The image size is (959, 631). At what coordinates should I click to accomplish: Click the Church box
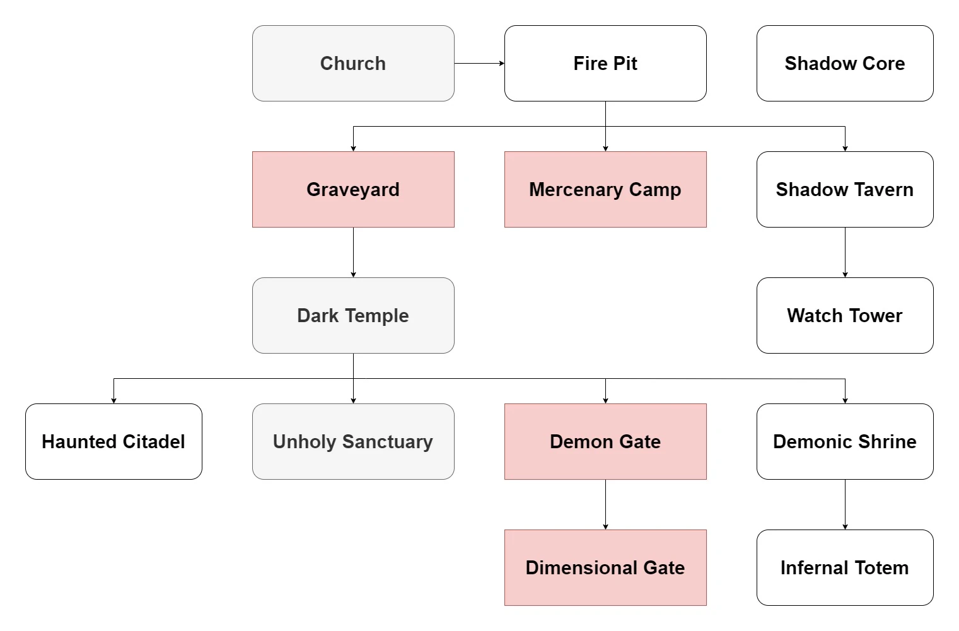(x=353, y=63)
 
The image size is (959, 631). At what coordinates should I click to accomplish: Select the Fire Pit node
(x=605, y=63)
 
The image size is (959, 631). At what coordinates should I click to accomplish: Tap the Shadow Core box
(x=845, y=63)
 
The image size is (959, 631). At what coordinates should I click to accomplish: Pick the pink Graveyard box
(x=353, y=189)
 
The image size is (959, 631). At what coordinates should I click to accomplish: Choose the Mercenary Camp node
(x=605, y=189)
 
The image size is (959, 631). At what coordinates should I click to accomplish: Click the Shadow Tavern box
(x=845, y=189)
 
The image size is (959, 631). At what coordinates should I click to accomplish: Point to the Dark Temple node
(x=353, y=315)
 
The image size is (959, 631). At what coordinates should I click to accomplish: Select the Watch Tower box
(x=845, y=315)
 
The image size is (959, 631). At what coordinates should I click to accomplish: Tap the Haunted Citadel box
(x=113, y=441)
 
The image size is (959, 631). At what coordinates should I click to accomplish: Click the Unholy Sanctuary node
(x=353, y=441)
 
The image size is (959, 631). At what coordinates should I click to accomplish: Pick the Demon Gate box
(x=605, y=441)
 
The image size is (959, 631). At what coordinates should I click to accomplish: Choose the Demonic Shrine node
(x=845, y=441)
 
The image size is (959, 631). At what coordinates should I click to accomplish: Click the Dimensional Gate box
(x=605, y=567)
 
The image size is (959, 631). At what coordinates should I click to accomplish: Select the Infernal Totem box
(x=845, y=567)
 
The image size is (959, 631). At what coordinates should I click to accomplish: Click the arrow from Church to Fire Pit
(x=479, y=63)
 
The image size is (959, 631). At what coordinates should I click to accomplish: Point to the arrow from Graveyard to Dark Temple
(x=353, y=252)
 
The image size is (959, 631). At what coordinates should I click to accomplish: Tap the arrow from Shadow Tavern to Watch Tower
(x=845, y=252)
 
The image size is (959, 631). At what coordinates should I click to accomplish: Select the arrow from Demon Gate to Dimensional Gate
(x=605, y=504)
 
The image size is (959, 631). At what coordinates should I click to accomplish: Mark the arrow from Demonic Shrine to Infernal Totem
(x=845, y=504)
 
